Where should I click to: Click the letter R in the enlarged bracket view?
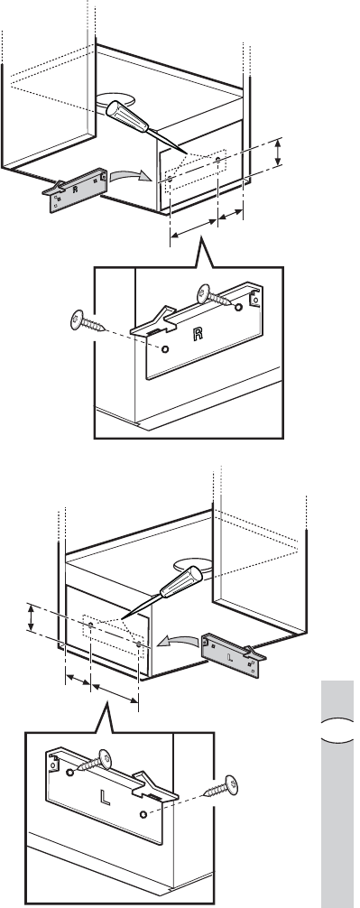[198, 334]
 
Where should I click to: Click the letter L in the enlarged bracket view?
[106, 797]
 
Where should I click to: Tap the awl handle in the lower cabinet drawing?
[181, 582]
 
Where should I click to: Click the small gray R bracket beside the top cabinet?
[75, 190]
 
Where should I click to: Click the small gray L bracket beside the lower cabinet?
[234, 655]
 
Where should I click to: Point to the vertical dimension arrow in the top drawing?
[279, 153]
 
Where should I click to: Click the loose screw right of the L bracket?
[223, 786]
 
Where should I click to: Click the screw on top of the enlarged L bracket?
[96, 761]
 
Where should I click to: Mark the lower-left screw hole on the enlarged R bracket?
[165, 349]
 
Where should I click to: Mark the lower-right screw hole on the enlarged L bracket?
[143, 815]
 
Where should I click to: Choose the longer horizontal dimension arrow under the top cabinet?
[194, 228]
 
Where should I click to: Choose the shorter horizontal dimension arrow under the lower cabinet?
[78, 679]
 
